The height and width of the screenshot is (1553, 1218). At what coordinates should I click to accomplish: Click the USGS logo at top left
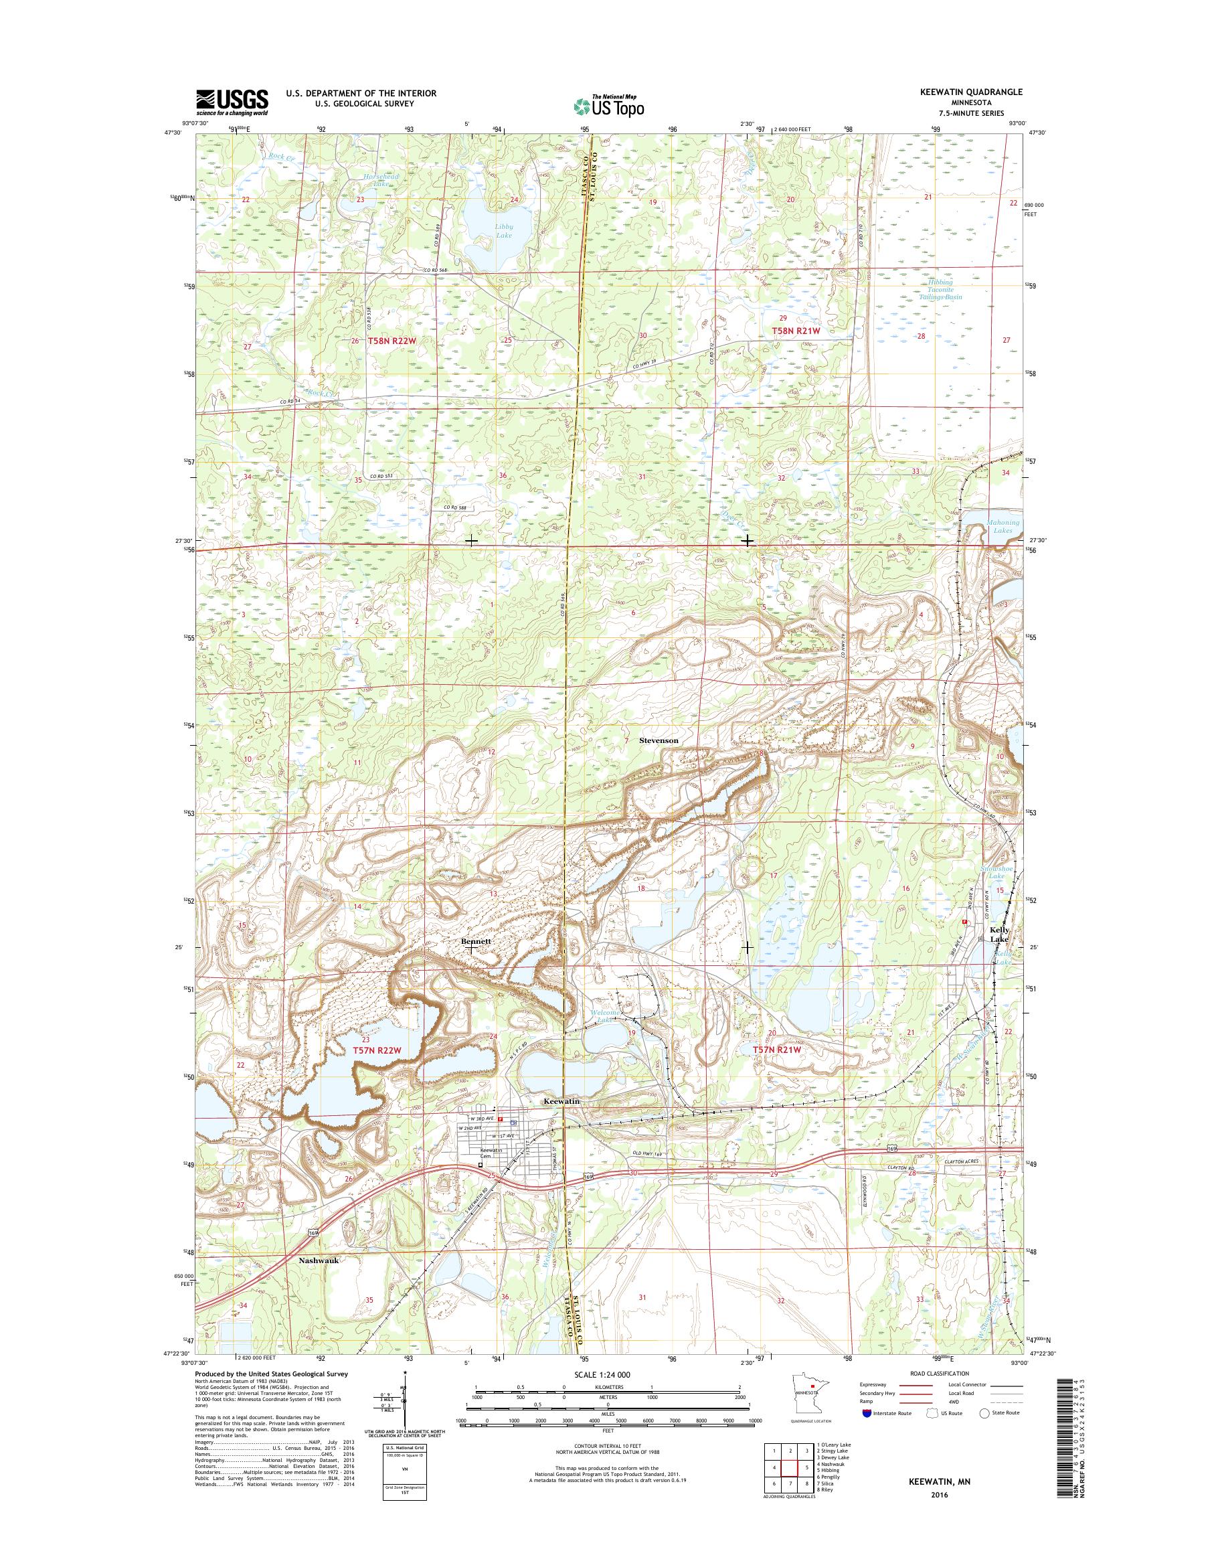click(232, 102)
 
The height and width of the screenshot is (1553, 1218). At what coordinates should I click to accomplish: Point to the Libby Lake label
click(503, 230)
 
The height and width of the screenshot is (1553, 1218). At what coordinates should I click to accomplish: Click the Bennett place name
click(476, 941)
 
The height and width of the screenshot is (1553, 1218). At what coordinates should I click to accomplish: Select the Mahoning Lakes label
click(1003, 526)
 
